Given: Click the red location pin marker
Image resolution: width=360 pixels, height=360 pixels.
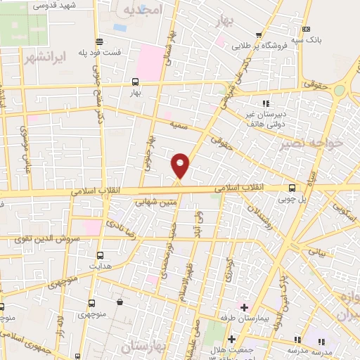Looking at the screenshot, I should (x=181, y=165).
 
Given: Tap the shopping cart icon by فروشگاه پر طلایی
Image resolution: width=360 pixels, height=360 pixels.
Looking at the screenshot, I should (x=259, y=35).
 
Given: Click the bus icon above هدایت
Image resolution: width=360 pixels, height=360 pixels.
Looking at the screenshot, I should (x=100, y=255).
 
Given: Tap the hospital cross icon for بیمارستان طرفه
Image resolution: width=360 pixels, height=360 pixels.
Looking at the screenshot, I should (x=244, y=307).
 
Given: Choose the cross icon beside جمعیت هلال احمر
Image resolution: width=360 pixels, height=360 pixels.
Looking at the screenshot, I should (x=231, y=340).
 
